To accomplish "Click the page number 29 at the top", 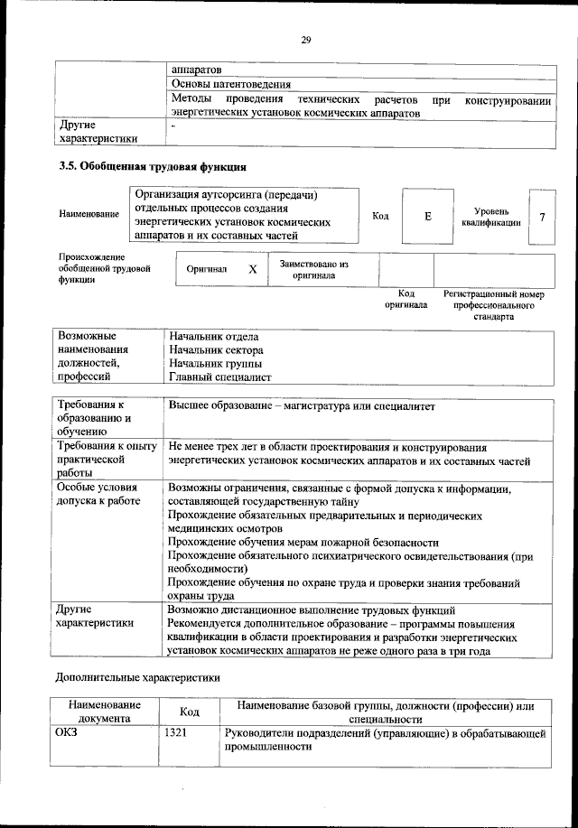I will point(305,39).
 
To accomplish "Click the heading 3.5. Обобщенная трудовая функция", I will point(152,167).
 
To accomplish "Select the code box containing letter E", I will point(427,217).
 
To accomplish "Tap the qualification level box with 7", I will point(541,217).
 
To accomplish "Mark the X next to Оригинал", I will point(253,269).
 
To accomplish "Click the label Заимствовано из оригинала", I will point(313,269).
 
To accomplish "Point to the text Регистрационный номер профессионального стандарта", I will point(493,305).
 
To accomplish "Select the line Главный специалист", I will point(219,377).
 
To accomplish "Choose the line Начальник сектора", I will point(216,349).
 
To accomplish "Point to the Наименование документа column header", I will point(103,711).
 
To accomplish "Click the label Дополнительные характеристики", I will point(137,676).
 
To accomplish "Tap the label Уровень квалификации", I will point(490,217).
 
